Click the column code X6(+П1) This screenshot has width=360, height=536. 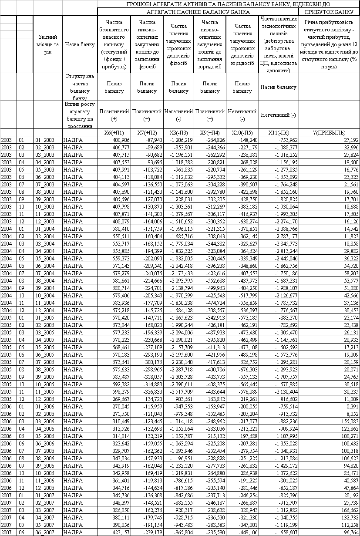coord(114,132)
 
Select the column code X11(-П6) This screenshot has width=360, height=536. coord(279,132)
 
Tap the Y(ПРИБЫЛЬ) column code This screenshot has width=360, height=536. coord(329,132)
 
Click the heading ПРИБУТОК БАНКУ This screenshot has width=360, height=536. coord(329,12)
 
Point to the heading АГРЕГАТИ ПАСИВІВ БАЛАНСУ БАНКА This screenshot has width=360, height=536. coord(198,12)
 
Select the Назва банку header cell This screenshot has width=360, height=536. coord(80,44)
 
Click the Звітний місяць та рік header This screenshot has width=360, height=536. coord(48,44)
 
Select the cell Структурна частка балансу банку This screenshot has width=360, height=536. coord(80,87)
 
